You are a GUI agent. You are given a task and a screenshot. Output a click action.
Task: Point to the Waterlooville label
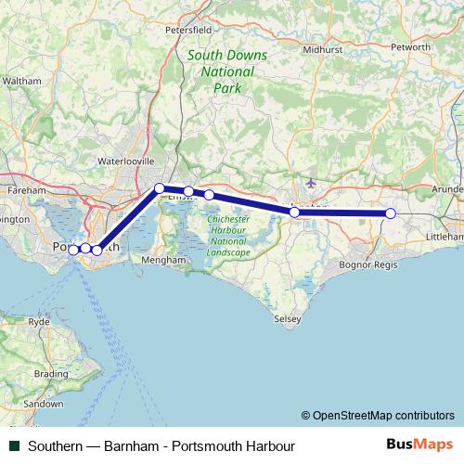[125, 161]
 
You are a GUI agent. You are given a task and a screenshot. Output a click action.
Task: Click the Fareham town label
[27, 190]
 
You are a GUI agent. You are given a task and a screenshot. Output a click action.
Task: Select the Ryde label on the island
[39, 321]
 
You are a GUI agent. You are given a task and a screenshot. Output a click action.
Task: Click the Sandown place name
[43, 405]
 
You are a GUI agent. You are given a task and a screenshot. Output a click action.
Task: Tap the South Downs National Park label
[227, 71]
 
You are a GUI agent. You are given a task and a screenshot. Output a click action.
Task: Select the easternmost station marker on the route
[391, 213]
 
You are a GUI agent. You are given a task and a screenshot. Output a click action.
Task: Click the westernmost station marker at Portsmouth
[73, 249]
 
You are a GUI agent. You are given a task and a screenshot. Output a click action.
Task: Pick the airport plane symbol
[309, 185]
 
